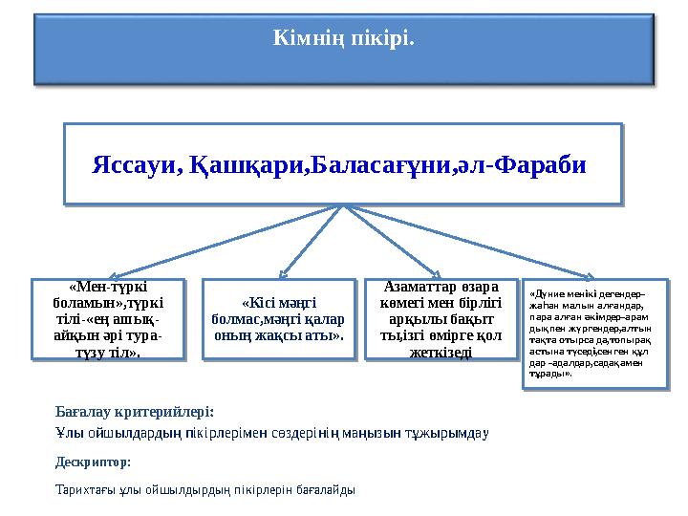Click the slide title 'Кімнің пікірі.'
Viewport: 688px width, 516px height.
(x=343, y=39)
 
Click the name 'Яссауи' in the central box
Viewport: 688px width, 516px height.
(x=133, y=164)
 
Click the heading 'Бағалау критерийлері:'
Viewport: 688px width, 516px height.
(x=135, y=412)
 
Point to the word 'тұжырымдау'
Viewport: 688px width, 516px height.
(x=453, y=433)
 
